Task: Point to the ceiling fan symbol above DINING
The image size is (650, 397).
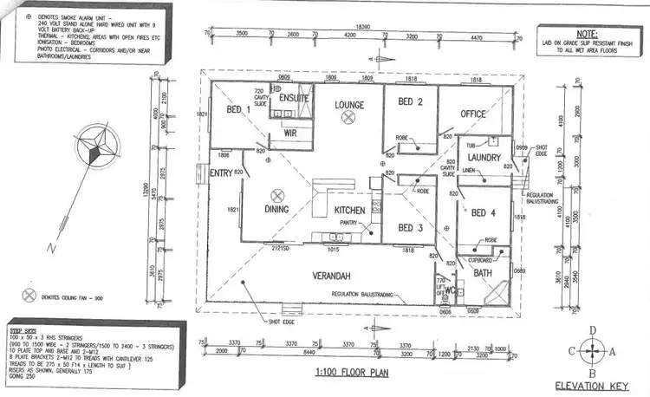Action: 277,195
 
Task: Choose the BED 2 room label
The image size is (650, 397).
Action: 410,102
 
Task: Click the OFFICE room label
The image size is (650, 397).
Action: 474,114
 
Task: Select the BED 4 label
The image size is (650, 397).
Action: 484,212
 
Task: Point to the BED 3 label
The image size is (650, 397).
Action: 410,228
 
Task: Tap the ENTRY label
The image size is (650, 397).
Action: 224,173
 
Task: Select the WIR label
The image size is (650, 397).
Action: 291,135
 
